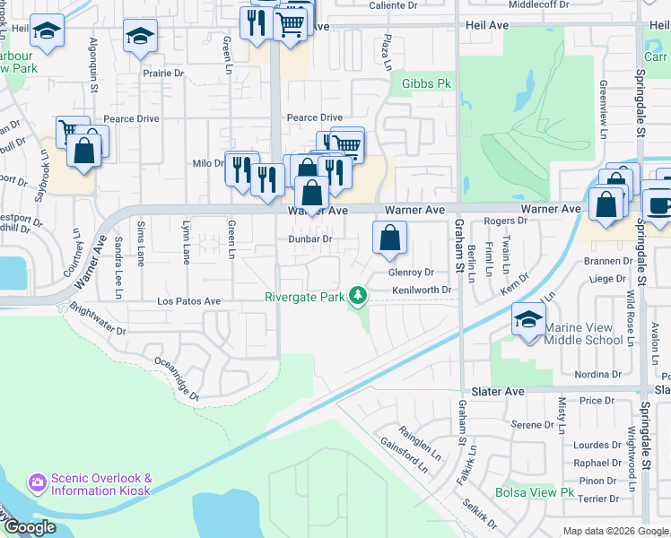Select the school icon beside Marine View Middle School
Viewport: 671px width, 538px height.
[528, 320]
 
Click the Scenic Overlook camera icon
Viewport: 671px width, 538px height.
[38, 483]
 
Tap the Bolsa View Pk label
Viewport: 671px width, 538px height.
[534, 492]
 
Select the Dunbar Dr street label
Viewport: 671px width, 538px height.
[310, 239]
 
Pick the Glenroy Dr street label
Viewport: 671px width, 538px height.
[411, 272]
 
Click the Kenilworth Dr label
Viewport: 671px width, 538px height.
[420, 290]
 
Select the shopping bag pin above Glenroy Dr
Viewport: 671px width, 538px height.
[390, 239]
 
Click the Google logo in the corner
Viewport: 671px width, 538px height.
[30, 527]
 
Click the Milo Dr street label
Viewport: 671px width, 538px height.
[207, 163]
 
